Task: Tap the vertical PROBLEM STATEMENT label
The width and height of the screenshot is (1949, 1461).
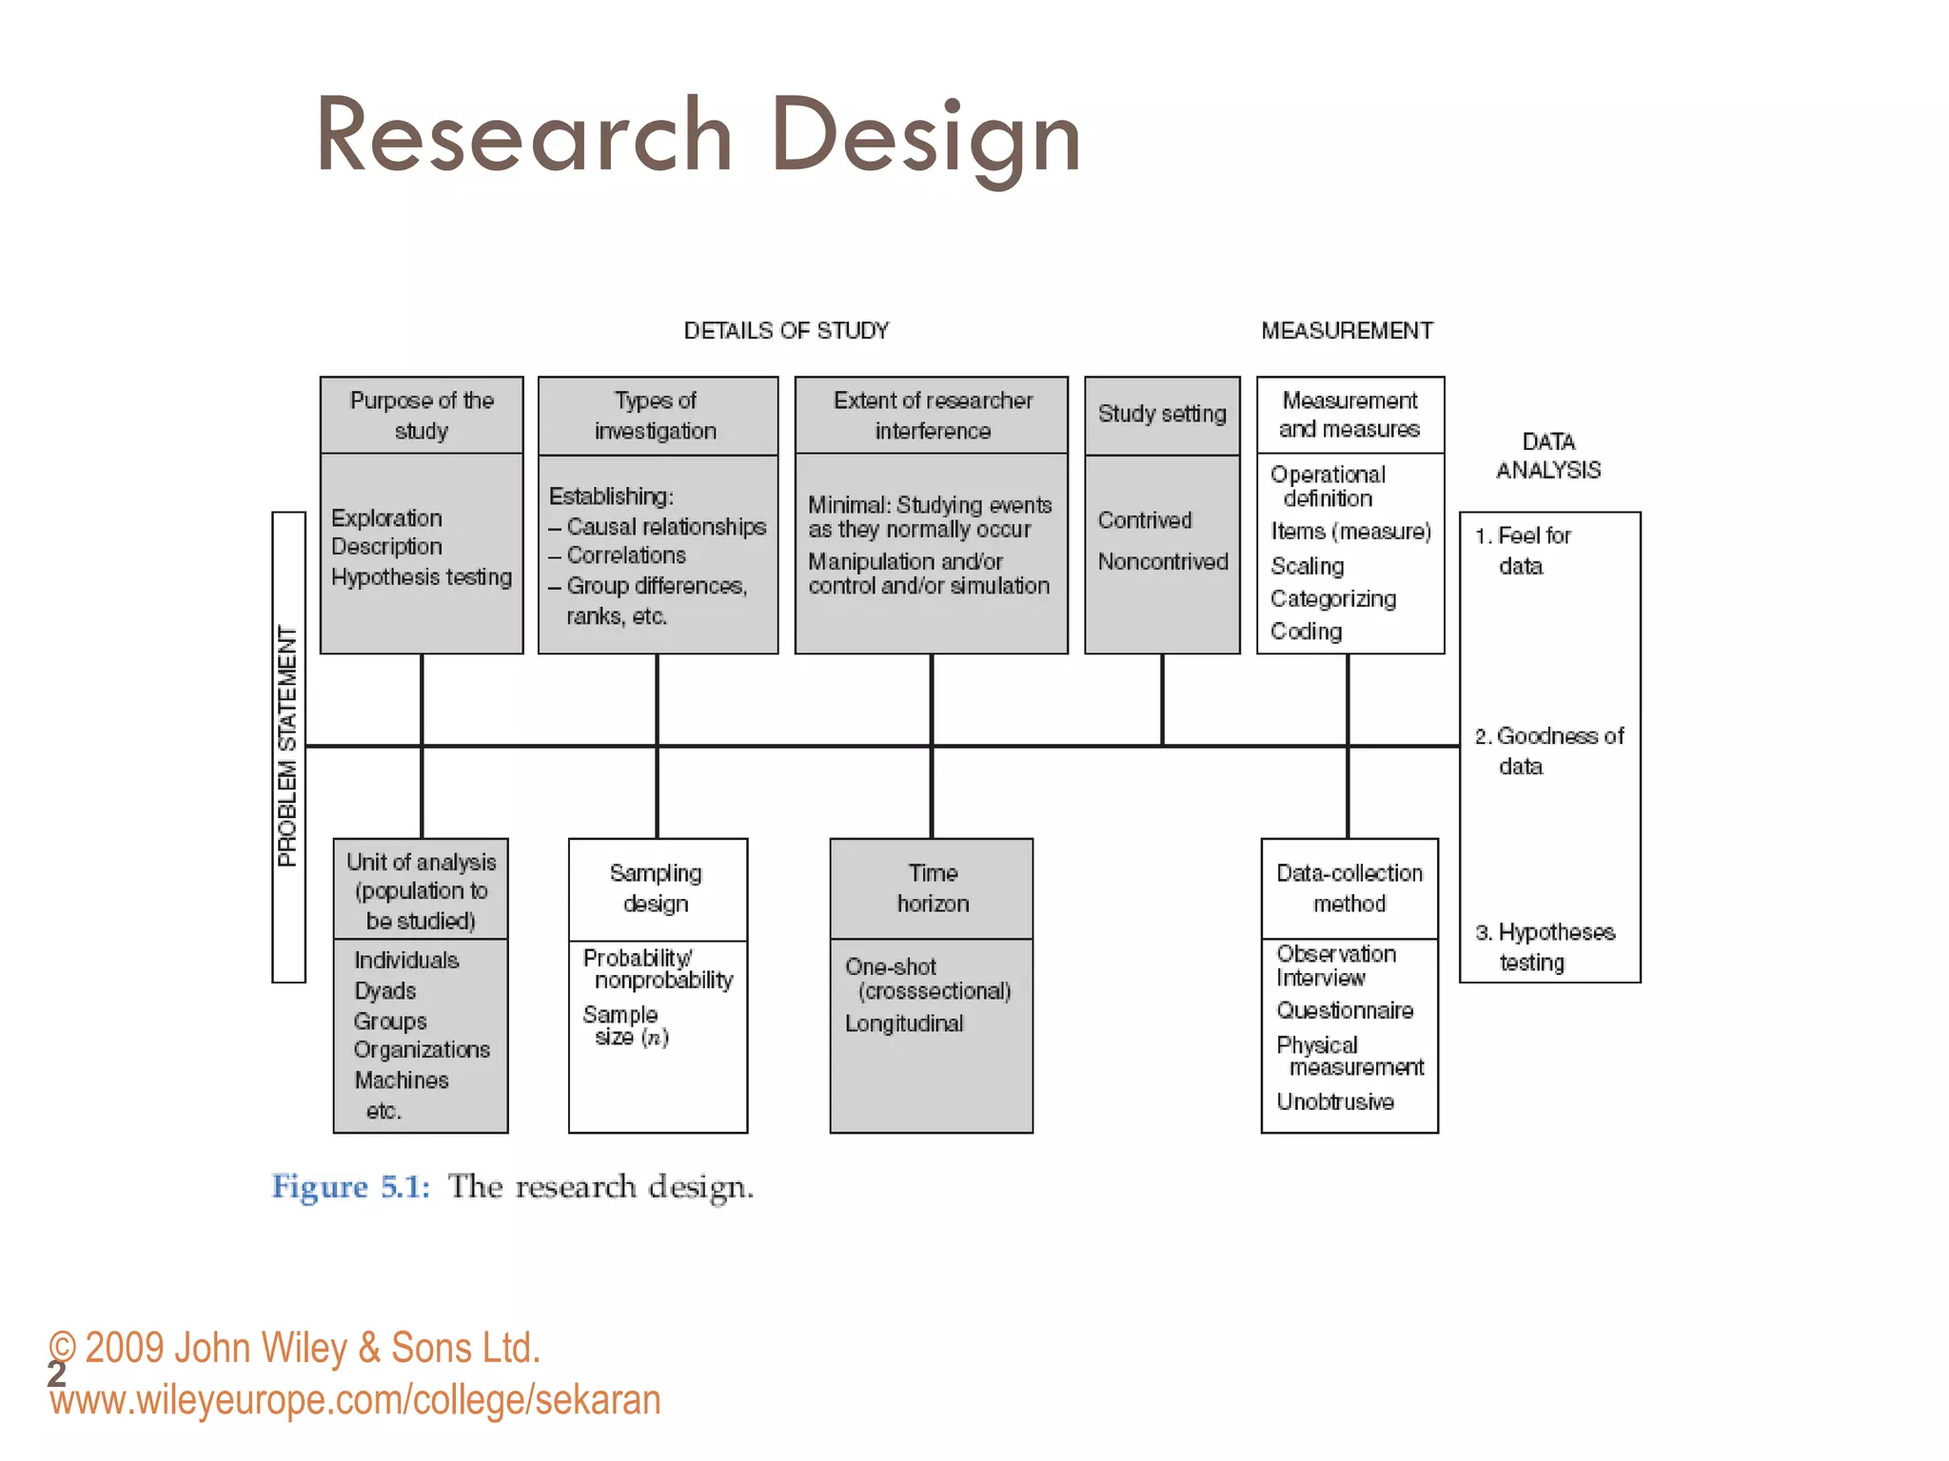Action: (x=287, y=747)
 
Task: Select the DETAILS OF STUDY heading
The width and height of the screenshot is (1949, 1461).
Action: (x=786, y=331)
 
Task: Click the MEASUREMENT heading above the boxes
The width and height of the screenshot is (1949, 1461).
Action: (x=1347, y=331)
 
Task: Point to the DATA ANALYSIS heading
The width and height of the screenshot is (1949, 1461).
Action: (x=1548, y=456)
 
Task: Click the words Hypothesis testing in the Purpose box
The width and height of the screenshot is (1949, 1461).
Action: (x=422, y=577)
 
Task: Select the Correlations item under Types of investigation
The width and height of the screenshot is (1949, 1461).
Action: (x=625, y=555)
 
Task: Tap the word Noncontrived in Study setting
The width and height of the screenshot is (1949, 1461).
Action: (x=1163, y=562)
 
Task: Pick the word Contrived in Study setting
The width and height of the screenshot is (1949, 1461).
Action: (x=1145, y=520)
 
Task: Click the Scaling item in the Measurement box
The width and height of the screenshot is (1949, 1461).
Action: (x=1308, y=566)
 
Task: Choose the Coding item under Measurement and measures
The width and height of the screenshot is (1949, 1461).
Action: (x=1306, y=632)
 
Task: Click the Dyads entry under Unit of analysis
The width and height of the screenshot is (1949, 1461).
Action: (x=385, y=991)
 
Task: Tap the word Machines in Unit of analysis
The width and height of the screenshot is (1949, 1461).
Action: (x=402, y=1081)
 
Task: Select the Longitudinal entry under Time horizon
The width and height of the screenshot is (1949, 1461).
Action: (x=904, y=1023)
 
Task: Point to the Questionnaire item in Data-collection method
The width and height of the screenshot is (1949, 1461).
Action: (x=1345, y=1010)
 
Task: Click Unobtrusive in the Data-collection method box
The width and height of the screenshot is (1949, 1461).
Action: (x=1335, y=1101)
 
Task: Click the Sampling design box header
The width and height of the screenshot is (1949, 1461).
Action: (x=657, y=888)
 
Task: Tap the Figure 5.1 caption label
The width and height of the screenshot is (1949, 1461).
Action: (x=350, y=1187)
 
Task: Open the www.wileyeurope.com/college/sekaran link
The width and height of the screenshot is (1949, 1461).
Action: (x=355, y=1400)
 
